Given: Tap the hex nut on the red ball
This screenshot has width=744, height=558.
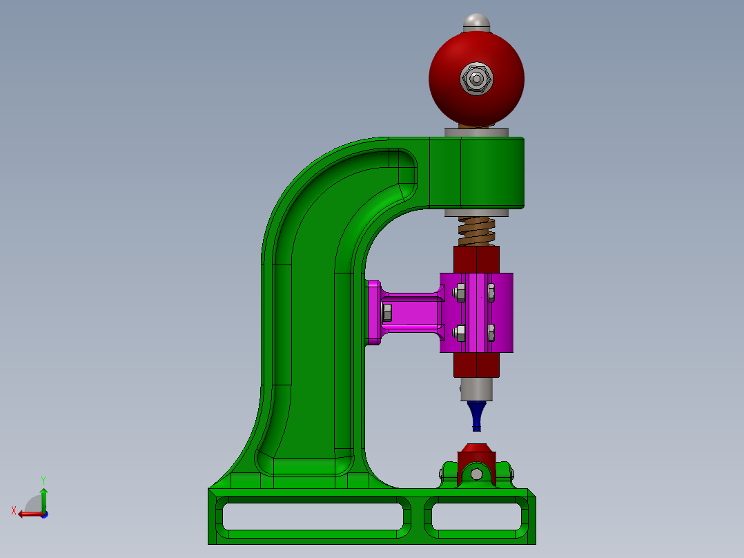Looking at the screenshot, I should tap(476, 79).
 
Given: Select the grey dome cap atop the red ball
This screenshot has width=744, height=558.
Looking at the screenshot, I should tap(476, 21).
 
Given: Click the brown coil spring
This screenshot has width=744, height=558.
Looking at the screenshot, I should tap(477, 231).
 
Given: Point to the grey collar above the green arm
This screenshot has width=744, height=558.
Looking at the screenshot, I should tap(476, 132).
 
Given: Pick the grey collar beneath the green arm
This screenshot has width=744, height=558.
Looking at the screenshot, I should tap(476, 212).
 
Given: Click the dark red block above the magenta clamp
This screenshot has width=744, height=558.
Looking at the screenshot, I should tap(476, 259).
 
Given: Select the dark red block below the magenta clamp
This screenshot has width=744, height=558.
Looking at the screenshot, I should tap(476, 365).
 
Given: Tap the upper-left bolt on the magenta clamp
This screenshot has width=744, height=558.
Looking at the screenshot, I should tap(460, 293).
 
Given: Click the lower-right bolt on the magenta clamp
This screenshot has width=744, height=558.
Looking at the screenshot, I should tap(491, 333).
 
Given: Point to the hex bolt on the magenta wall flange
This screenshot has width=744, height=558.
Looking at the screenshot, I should tap(386, 313).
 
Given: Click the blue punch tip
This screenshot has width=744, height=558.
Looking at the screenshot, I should tap(476, 414).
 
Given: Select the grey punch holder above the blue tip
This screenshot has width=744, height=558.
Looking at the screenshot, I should tap(476, 389).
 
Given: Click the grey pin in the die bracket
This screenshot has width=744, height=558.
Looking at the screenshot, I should tap(476, 474).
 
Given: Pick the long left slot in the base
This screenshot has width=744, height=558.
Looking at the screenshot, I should tap(311, 516).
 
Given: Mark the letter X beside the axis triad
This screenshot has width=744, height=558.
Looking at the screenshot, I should tap(13, 511).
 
